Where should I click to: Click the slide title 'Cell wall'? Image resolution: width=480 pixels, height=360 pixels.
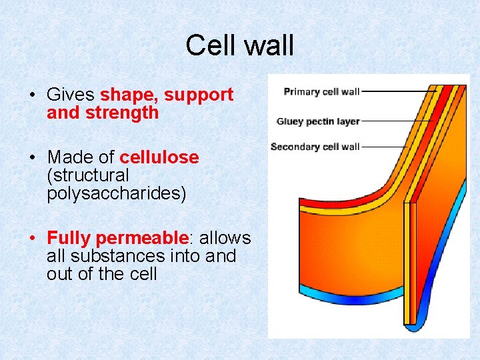point(239,45)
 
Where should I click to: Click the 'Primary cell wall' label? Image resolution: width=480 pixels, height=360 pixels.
point(321,92)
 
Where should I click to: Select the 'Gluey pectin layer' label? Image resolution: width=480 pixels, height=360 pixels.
point(318,121)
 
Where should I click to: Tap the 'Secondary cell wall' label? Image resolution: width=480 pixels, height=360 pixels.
point(315,147)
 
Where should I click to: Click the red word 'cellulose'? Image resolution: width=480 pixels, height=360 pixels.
point(159,157)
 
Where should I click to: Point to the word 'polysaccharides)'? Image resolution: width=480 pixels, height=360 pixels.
point(117,194)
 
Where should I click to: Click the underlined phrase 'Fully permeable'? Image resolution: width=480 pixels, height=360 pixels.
point(117,238)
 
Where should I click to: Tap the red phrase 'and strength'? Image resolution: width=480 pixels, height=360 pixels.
point(103,113)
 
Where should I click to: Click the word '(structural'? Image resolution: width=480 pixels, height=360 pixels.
point(88,175)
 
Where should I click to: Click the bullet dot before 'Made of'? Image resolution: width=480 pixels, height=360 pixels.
point(33,158)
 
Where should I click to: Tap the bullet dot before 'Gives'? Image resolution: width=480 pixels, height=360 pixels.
point(33,95)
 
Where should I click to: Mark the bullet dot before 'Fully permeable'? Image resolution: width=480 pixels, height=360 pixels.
point(33,239)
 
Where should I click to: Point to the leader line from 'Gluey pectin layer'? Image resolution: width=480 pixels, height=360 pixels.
point(393,121)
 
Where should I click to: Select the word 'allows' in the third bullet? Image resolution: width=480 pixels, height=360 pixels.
point(225,238)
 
